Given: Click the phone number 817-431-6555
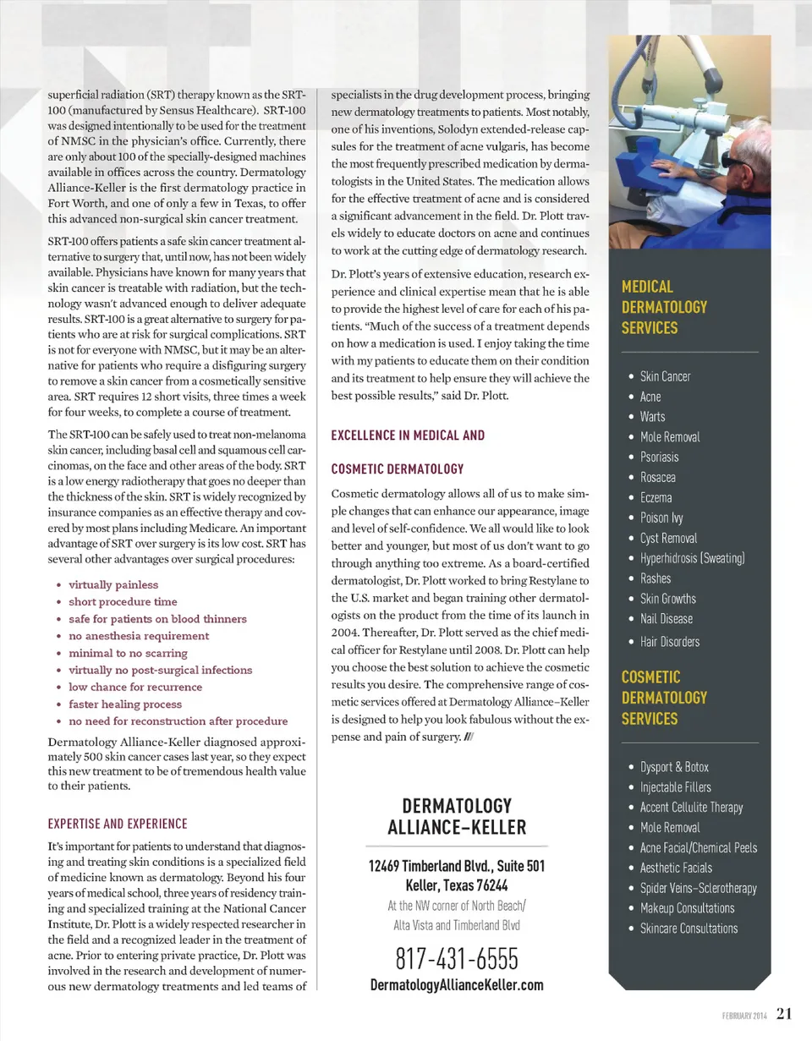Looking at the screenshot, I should point(457,959).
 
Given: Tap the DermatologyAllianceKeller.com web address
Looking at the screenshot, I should point(457,985).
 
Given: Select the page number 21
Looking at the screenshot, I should point(784,1014).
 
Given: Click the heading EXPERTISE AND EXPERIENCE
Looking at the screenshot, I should point(118,824).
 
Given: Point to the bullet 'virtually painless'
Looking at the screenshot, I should point(113,584).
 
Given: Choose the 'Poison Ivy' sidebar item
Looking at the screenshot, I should point(661,518).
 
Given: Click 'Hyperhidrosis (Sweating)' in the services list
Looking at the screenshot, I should point(692,558).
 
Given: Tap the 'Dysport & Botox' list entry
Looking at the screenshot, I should point(674,767).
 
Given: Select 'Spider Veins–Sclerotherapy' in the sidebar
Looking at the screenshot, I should point(698,888).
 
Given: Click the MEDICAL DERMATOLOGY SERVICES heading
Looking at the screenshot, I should point(664,307).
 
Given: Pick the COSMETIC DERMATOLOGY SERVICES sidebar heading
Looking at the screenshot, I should point(664,698).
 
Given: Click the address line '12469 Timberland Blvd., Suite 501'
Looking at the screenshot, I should point(457,867).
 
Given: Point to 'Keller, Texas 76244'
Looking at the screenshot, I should point(457,886).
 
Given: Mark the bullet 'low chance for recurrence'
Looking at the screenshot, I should point(135,687).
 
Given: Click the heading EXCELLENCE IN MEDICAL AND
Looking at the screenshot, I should point(408,436).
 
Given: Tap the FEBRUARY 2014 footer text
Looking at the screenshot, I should point(744,1016).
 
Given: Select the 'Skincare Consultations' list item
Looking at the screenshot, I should point(689,929).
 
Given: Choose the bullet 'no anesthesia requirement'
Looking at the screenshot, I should point(139,636).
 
